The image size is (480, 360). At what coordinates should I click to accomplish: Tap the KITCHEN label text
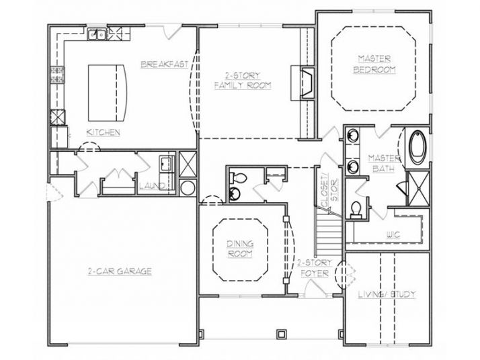[104, 132]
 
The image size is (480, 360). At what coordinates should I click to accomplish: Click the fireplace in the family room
[304, 83]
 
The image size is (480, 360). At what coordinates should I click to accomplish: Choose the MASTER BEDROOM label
[376, 64]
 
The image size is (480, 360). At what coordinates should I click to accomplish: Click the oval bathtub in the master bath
[417, 147]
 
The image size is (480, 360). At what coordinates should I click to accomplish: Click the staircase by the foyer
[329, 231]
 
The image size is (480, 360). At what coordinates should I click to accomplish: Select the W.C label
[393, 234]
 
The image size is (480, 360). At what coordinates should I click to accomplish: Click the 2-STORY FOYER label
[312, 267]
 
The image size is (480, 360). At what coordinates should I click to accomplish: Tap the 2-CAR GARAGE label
[120, 271]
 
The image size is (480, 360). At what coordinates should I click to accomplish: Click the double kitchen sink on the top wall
[99, 34]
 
